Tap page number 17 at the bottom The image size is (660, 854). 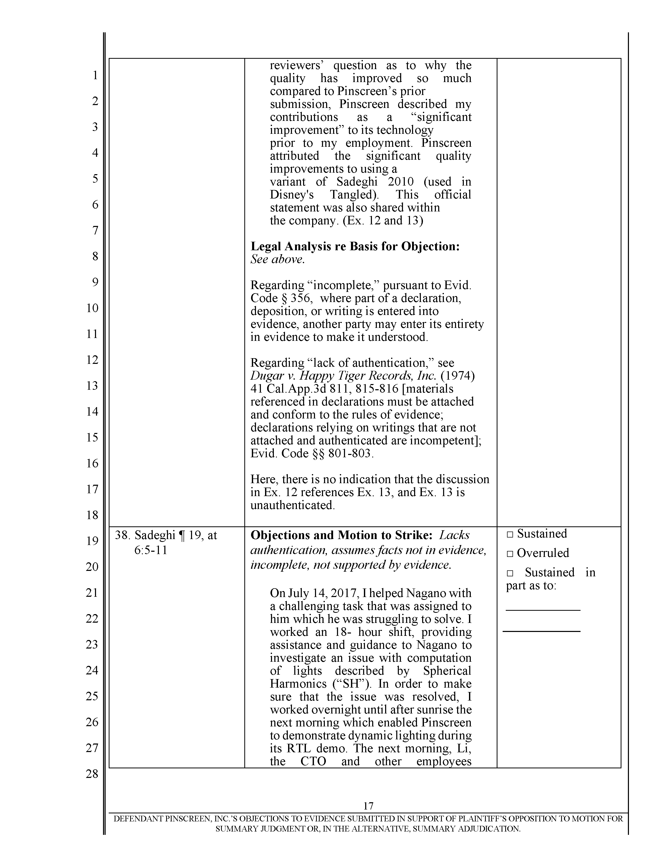click(x=368, y=806)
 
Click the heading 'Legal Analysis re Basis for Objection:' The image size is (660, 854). click(x=355, y=246)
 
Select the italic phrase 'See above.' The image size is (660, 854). click(x=277, y=260)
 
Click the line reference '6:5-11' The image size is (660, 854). click(x=151, y=550)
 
